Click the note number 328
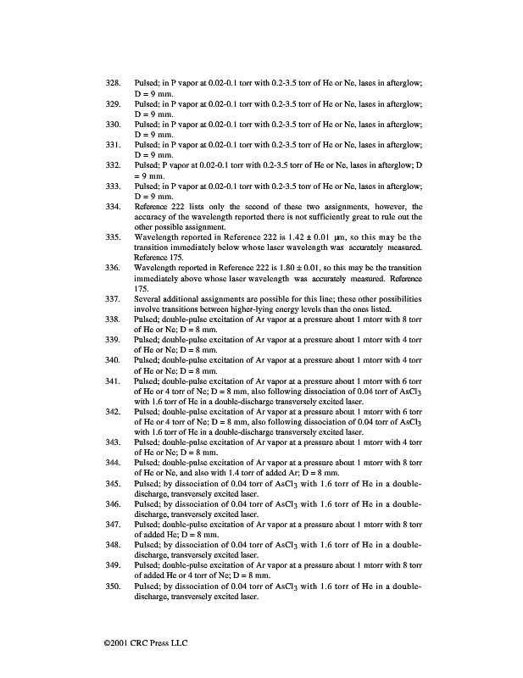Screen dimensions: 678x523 pyautogui.click(x=112, y=83)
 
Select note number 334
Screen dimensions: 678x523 pyautogui.click(x=112, y=206)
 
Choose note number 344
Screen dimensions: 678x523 pyautogui.click(x=112, y=463)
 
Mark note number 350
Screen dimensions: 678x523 pyautogui.click(x=112, y=586)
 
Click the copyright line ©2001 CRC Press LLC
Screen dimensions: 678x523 pyautogui.click(x=140, y=642)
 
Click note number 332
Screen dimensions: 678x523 pyautogui.click(x=112, y=164)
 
